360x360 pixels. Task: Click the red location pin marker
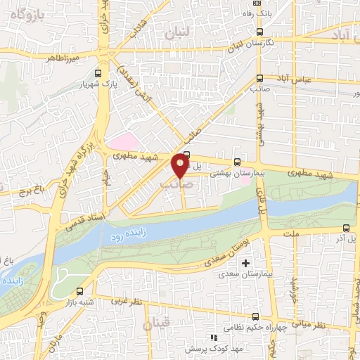[x=180, y=166]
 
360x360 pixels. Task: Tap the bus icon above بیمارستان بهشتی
[x=237, y=161]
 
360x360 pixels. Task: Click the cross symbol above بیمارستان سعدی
[x=245, y=263]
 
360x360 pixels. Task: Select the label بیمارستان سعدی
[x=243, y=274]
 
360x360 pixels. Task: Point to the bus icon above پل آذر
[x=346, y=228]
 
